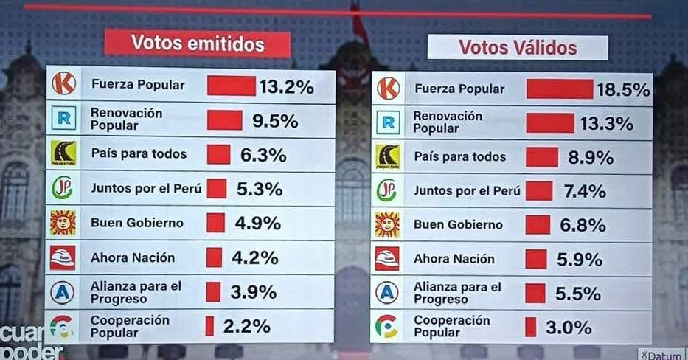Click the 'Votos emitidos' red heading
[x=197, y=44]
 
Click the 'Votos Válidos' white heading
[x=518, y=48]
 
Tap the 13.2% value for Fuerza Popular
[x=286, y=87]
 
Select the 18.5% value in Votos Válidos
[x=623, y=90]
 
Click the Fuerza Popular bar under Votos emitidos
[x=231, y=86]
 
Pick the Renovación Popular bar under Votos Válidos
[x=549, y=122]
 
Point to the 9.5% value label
[x=274, y=121]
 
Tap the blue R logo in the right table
[x=387, y=121]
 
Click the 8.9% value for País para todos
[x=587, y=157]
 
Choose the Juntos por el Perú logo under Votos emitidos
[x=63, y=188]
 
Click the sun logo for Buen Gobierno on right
[x=387, y=224]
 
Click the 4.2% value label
[x=254, y=257]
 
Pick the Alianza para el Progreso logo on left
[x=63, y=292]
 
